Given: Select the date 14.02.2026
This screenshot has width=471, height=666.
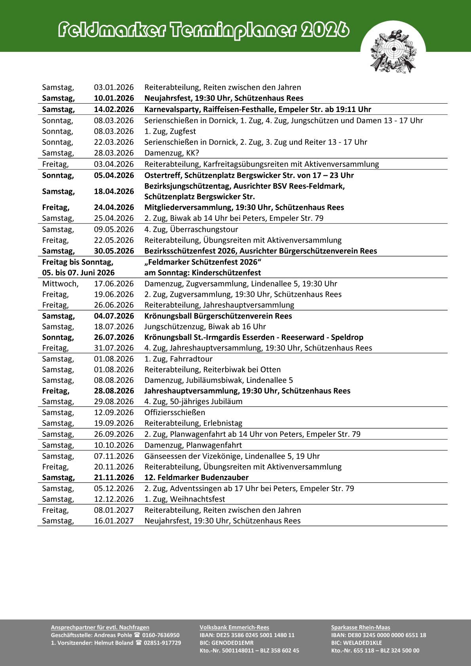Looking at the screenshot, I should pyautogui.click(x=114, y=109).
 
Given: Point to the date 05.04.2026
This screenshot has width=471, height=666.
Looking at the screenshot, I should pyautogui.click(x=114, y=175).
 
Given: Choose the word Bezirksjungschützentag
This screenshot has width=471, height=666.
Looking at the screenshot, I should pyautogui.click(x=188, y=186).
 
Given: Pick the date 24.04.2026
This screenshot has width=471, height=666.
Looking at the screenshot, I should pyautogui.click(x=114, y=207).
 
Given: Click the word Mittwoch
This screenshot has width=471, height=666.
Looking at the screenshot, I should pyautogui.click(x=60, y=284).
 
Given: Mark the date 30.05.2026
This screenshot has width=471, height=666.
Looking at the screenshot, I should pyautogui.click(x=114, y=251).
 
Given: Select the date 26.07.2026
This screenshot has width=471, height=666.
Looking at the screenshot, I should pyautogui.click(x=114, y=337).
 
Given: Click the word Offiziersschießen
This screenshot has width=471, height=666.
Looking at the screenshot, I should pyautogui.click(x=175, y=412).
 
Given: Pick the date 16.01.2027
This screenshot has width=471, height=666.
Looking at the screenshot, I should pyautogui.click(x=114, y=521).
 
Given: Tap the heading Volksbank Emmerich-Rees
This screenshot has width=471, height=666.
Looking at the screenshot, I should pyautogui.click(x=234, y=627).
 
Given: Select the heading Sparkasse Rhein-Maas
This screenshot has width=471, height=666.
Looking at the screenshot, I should pyautogui.click(x=361, y=627).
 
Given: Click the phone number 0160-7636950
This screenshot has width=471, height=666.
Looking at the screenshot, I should pyautogui.click(x=161, y=635).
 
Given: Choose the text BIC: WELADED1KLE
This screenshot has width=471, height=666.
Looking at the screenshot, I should pyautogui.click(x=357, y=643).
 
